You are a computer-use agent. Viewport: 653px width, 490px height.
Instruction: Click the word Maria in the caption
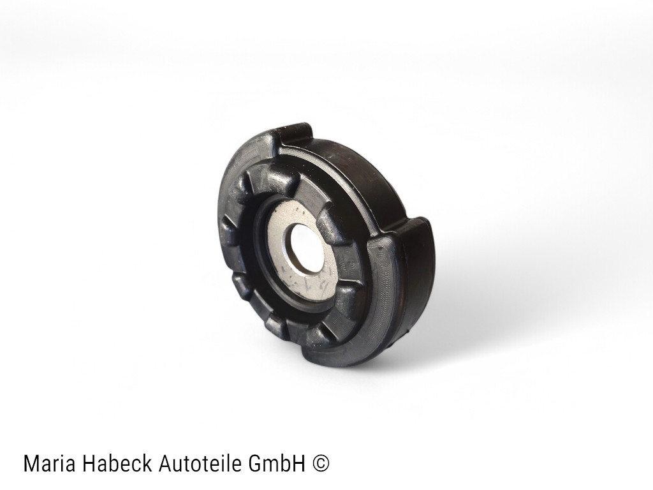click(x=49, y=464)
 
